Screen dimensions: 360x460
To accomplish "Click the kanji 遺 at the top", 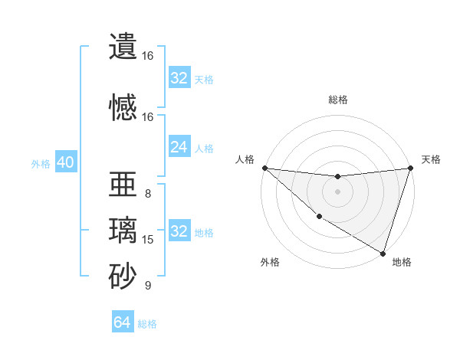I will (123, 47).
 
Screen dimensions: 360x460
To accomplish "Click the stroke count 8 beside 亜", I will (148, 194).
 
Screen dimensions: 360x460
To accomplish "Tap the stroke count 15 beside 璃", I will (148, 240).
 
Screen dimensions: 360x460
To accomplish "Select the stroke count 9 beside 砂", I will (148, 286).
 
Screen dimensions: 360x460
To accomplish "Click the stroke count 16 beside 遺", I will (148, 56).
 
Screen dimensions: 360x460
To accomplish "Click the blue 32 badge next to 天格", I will (179, 78).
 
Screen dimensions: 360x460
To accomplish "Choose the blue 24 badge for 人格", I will (179, 147).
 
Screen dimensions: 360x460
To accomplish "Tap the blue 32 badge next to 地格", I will (179, 231).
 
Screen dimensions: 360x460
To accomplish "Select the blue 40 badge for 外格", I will (65, 162).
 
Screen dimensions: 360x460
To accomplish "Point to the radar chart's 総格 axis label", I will (337, 100).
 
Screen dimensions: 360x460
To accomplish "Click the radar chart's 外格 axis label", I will (270, 262).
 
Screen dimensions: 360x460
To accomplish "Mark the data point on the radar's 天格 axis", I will (411, 168).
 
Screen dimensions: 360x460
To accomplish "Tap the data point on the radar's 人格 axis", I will (264, 168).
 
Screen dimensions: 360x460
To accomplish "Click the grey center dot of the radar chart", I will (337, 191).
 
